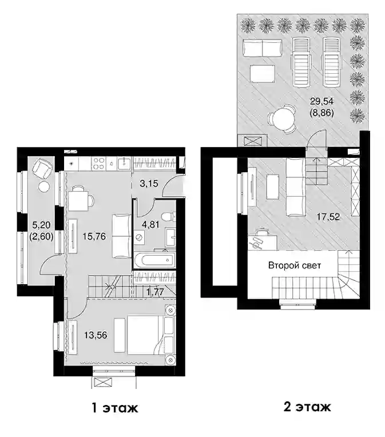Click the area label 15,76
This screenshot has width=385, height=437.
[x=94, y=237]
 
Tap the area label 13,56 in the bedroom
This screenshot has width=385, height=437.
[x=96, y=335]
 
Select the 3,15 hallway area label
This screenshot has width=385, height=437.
[x=149, y=184]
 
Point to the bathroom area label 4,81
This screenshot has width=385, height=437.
[x=150, y=225]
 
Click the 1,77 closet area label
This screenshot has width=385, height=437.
[x=155, y=292]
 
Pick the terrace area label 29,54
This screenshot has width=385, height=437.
[x=322, y=101]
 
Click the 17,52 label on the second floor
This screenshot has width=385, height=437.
[x=328, y=217]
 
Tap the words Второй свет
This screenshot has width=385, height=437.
[x=295, y=265]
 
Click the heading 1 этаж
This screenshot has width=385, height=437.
[x=115, y=408]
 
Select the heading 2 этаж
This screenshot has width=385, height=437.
[x=307, y=407]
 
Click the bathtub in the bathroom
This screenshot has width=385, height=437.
[x=154, y=260]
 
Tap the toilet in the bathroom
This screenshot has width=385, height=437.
[x=168, y=217]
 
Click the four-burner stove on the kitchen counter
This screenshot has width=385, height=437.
[x=99, y=164]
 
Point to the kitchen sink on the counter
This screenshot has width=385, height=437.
[x=124, y=164]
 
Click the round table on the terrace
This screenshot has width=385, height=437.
[x=281, y=118]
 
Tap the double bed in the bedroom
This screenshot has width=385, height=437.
[x=146, y=335]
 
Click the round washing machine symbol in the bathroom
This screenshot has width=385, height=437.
[x=138, y=237]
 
